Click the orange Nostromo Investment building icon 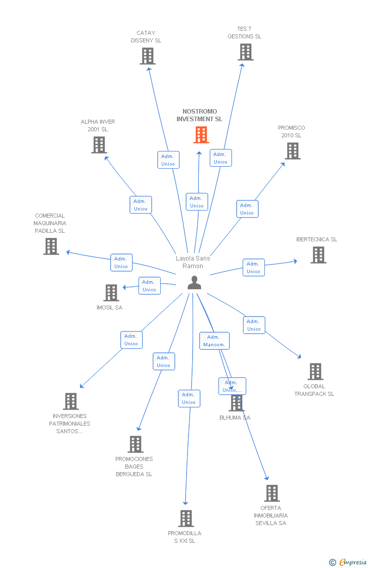pos(201,135)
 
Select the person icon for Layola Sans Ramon pos(194,283)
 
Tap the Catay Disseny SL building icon pos(148,56)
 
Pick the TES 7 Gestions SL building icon pos(245,52)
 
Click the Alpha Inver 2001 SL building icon pos(99,145)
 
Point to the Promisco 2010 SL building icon pos(292,151)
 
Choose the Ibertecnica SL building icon pos(318,255)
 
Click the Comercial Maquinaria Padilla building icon pos(51,246)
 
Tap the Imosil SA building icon pos(111,293)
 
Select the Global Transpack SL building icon pos(315,372)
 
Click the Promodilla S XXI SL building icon pos(186,519)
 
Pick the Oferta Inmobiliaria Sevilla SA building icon pos(272,493)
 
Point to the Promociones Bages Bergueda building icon pos(135,444)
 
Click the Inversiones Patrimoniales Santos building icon pos(71,401)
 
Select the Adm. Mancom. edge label pos(214,341)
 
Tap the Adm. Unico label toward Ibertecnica pos(253,268)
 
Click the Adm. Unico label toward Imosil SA pos(149,286)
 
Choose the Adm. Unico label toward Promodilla pos(189,398)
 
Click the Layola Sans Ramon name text pos(193,262)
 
